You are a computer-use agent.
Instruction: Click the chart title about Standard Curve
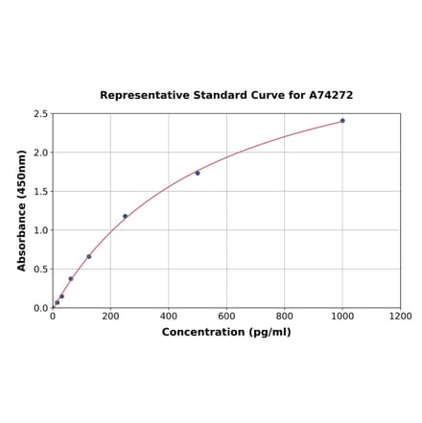click(x=226, y=96)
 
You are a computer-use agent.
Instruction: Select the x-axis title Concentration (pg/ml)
click(x=226, y=332)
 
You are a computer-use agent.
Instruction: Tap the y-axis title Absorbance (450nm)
click(x=22, y=210)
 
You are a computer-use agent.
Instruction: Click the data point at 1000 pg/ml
click(x=342, y=121)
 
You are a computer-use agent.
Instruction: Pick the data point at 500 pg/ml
click(x=198, y=173)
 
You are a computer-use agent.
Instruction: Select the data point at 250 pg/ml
click(x=125, y=217)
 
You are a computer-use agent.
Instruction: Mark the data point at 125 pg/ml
click(x=89, y=256)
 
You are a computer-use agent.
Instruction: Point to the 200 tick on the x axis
click(x=110, y=316)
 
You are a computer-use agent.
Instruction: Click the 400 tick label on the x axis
click(x=169, y=316)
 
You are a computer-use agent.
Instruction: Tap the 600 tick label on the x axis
click(x=226, y=316)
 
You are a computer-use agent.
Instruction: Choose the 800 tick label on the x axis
click(x=285, y=316)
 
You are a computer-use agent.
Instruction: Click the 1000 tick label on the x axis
click(x=342, y=316)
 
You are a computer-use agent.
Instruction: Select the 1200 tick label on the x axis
click(x=400, y=316)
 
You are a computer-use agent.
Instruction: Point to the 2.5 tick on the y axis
click(x=41, y=114)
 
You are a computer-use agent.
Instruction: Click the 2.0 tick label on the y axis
click(x=41, y=153)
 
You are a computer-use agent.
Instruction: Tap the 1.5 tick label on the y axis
click(x=41, y=192)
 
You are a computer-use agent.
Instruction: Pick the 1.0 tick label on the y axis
click(x=41, y=230)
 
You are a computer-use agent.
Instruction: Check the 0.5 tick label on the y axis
click(x=41, y=270)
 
